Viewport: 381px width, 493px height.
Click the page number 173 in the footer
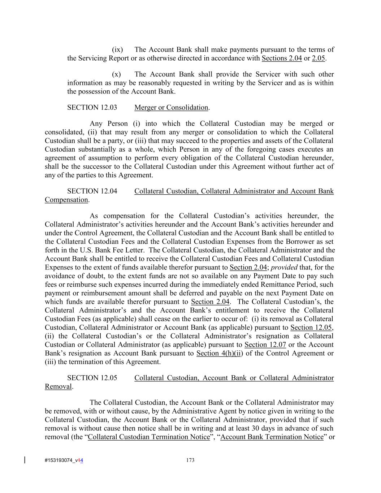190,460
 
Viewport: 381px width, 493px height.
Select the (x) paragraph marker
116,74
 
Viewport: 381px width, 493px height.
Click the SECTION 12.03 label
92,108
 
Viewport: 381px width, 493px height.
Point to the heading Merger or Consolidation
171,108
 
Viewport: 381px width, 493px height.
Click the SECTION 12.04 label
92,191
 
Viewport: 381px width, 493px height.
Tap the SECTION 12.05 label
92,378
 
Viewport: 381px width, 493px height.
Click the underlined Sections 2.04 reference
282,59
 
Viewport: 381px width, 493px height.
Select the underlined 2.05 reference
319,59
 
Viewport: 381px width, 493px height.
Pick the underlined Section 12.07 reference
265,345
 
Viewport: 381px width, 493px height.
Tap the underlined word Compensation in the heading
66,200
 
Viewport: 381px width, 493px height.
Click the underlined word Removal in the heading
58,387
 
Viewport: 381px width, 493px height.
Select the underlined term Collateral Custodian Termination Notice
149,437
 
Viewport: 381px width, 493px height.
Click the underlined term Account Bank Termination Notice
272,437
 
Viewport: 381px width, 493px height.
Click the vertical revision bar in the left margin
25,460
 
